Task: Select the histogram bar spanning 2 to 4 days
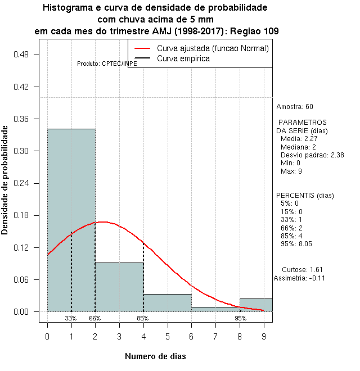coord(119,287)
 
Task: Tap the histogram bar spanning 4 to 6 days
coord(168,302)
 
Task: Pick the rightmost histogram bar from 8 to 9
coord(256,305)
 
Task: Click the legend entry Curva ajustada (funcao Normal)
coord(213,48)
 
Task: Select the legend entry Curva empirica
coord(183,58)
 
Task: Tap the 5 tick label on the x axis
coord(168,336)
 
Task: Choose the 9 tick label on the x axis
coord(264,336)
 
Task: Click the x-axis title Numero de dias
coord(155,356)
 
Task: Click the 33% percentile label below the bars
coord(71,318)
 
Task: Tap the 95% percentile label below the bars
coord(241,318)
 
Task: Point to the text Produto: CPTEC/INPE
coord(107,64)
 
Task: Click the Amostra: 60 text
coord(295,106)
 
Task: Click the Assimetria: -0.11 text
coord(299,278)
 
